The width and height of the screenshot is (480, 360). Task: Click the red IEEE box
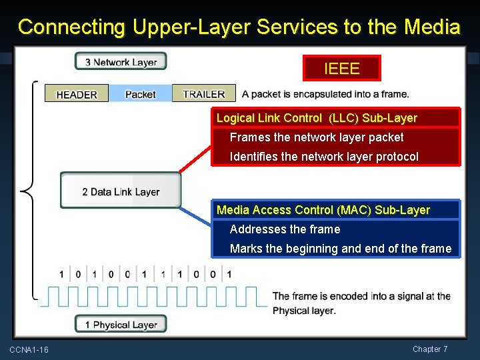tap(341, 68)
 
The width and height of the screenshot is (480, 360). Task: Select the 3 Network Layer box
tap(121, 62)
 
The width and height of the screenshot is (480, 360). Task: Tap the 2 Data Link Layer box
tap(121, 191)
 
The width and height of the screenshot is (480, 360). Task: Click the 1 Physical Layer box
tap(121, 325)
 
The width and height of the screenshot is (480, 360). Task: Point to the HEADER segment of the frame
tap(77, 94)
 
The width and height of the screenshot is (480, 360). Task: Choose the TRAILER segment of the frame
tap(204, 94)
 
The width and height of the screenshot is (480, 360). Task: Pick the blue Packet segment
tap(140, 94)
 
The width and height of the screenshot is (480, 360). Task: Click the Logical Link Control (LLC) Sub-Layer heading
tap(317, 118)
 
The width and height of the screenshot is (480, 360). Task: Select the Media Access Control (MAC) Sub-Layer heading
tap(323, 210)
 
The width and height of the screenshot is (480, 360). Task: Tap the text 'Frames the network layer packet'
tap(317, 137)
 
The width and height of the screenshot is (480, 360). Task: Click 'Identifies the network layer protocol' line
tap(324, 157)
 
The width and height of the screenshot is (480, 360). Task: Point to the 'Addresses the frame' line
tap(285, 229)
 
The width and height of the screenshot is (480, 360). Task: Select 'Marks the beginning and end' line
tap(340, 249)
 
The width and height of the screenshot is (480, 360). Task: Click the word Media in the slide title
tap(432, 27)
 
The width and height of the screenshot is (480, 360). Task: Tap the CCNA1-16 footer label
tap(29, 350)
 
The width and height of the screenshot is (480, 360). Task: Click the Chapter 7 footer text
tap(430, 349)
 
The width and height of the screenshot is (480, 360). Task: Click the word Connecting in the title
tap(72, 27)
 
